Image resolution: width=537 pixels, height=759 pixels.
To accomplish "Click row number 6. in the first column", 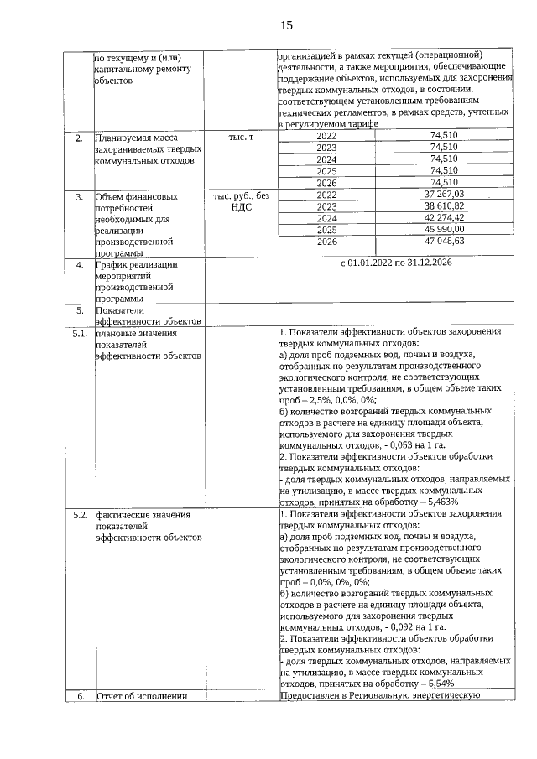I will (81, 695).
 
